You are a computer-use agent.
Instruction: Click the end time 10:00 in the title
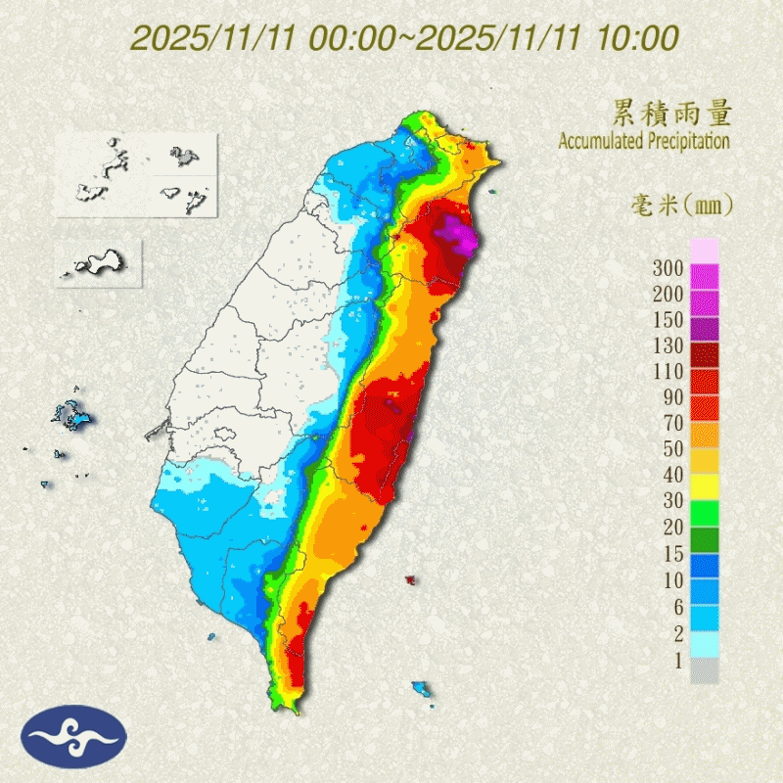point(641,38)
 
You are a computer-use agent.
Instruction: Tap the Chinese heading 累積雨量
point(671,114)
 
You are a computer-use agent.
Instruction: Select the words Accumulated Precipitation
point(644,141)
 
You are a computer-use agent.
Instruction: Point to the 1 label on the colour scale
point(675,661)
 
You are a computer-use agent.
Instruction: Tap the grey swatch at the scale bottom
point(705,671)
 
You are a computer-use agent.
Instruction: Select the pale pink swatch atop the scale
point(705,251)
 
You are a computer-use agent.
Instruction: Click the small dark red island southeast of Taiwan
point(410,581)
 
